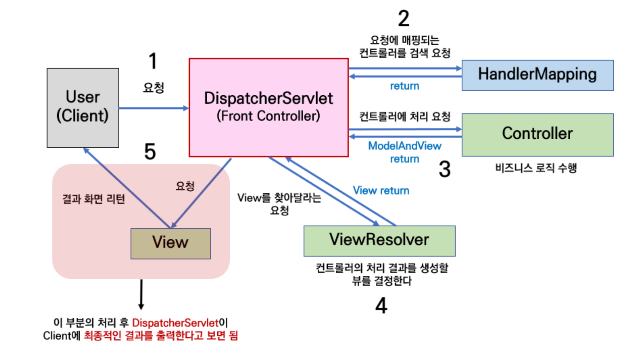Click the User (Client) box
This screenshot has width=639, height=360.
(83, 108)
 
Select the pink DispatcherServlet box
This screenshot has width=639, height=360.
(269, 108)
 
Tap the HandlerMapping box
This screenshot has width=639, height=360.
(538, 75)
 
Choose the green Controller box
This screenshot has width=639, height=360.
(538, 135)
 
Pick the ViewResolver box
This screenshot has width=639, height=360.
(379, 241)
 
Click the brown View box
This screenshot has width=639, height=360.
(170, 244)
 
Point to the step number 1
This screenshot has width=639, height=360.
(153, 61)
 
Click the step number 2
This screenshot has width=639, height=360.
(404, 18)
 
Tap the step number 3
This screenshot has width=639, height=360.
(445, 169)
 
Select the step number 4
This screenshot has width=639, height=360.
(381, 306)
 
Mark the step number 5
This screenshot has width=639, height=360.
(150, 152)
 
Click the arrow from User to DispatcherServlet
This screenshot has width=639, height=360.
(154, 108)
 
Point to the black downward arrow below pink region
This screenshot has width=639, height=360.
(141, 294)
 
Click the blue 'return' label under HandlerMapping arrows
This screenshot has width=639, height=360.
(405, 86)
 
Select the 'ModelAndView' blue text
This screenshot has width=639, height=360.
(405, 146)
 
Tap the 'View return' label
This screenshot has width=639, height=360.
(381, 190)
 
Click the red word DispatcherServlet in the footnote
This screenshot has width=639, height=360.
(175, 323)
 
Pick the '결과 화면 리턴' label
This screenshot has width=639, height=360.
(94, 199)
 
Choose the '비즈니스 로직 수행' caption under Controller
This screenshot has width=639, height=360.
(536, 168)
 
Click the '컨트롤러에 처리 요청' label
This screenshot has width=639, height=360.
(405, 116)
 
